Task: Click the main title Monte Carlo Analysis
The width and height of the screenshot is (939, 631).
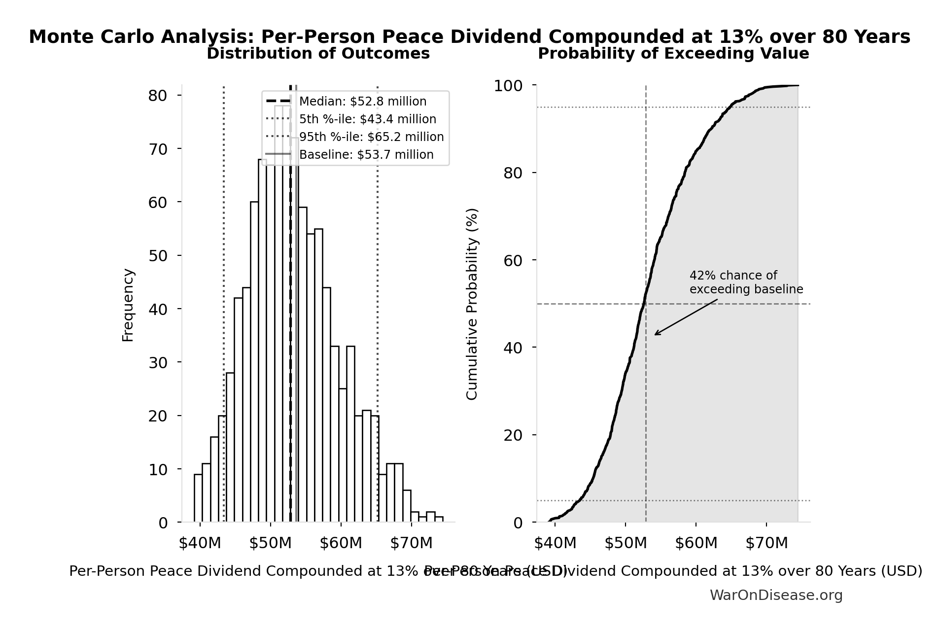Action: [469, 37]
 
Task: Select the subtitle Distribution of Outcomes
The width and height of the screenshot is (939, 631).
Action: [318, 54]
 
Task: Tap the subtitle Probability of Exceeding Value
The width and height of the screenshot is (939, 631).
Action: [673, 54]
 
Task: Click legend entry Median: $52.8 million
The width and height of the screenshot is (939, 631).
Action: [362, 102]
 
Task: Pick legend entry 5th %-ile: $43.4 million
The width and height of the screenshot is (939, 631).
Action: [367, 119]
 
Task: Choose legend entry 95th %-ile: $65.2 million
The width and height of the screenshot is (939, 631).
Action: [371, 137]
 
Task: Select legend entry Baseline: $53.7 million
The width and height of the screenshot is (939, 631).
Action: [366, 155]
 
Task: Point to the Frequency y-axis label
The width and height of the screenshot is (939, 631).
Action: [128, 305]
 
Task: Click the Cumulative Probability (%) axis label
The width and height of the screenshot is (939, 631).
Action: [472, 304]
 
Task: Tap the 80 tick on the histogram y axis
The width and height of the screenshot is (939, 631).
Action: [158, 96]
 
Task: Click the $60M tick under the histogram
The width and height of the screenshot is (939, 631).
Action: [341, 543]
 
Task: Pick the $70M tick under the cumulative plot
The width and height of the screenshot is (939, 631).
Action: [766, 543]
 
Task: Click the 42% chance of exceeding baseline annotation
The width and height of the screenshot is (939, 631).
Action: [746, 282]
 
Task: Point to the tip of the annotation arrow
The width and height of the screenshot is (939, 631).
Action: [655, 335]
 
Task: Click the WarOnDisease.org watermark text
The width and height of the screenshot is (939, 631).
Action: [776, 596]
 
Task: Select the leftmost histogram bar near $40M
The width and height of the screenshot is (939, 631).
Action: [198, 498]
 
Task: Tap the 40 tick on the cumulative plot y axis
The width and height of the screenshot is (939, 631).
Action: [513, 348]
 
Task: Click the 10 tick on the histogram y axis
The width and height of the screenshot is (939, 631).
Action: [158, 469]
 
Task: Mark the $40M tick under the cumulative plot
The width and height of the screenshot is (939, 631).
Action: [555, 543]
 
